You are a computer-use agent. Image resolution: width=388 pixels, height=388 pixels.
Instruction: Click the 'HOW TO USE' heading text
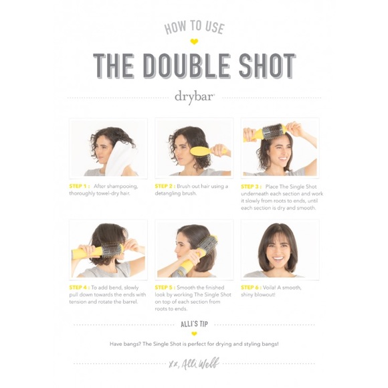[x=194, y=27]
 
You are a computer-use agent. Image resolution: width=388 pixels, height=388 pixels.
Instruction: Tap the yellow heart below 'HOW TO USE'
[x=194, y=41]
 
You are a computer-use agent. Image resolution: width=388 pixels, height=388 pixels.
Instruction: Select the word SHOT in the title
[x=265, y=66]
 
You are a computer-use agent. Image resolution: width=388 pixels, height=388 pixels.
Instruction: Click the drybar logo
[x=194, y=96]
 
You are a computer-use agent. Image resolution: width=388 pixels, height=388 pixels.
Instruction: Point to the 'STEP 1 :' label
[x=79, y=186]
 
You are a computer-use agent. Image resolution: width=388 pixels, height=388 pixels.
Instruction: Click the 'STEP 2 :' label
[x=165, y=186]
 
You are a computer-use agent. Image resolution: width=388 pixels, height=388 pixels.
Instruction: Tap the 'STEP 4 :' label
[x=79, y=287]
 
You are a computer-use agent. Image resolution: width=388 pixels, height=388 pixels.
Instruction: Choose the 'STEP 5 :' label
[x=165, y=287]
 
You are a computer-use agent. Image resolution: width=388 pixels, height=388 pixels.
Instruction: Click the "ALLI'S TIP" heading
[x=194, y=322]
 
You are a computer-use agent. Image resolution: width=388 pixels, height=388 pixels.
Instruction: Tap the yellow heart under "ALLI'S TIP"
[x=194, y=332]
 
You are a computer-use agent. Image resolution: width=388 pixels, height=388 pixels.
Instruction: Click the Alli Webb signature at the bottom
[x=194, y=364]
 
